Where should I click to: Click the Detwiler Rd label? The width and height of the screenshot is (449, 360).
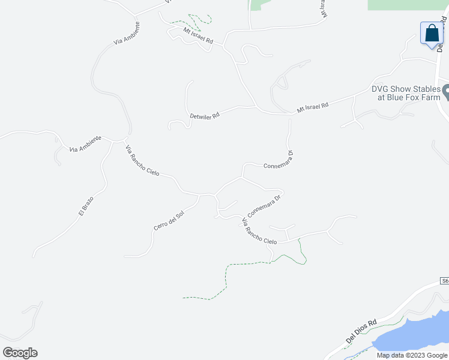[x=204, y=115]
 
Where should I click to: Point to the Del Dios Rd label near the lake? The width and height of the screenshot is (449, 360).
[x=361, y=331]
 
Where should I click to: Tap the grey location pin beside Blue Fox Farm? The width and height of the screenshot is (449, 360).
[x=447, y=92]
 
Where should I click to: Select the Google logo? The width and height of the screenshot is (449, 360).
[x=20, y=353]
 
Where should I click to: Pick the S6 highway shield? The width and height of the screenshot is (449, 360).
[x=444, y=281]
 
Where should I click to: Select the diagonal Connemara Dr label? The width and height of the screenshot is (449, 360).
[x=264, y=206]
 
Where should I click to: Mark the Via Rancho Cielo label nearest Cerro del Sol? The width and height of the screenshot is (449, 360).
[x=142, y=161]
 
